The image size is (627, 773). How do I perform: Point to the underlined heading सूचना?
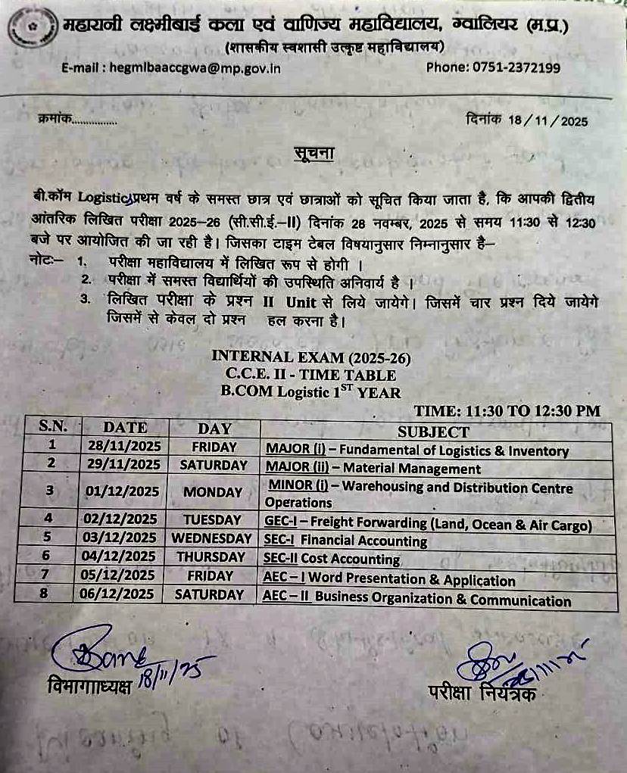click(x=313, y=154)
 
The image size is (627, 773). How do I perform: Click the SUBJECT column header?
click(x=433, y=432)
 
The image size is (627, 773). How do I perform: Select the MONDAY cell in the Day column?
click(x=213, y=491)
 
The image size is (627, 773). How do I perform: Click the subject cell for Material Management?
click(x=373, y=468)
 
